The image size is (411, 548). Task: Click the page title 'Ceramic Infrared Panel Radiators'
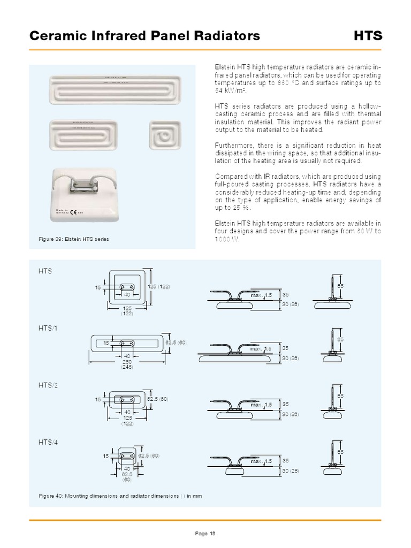tap(144, 36)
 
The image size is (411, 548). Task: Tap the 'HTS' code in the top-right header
tap(368, 36)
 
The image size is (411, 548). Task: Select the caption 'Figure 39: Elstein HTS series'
tap(74, 239)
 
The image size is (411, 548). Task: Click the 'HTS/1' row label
tap(47, 329)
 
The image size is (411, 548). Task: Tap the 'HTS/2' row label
tap(47, 385)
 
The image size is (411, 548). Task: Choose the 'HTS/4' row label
tap(47, 442)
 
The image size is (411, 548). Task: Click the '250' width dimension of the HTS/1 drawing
tap(126, 362)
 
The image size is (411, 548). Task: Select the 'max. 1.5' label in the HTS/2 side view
tap(262, 405)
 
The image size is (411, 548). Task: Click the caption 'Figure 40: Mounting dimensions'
tap(120, 496)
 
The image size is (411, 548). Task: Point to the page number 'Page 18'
tap(205, 533)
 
